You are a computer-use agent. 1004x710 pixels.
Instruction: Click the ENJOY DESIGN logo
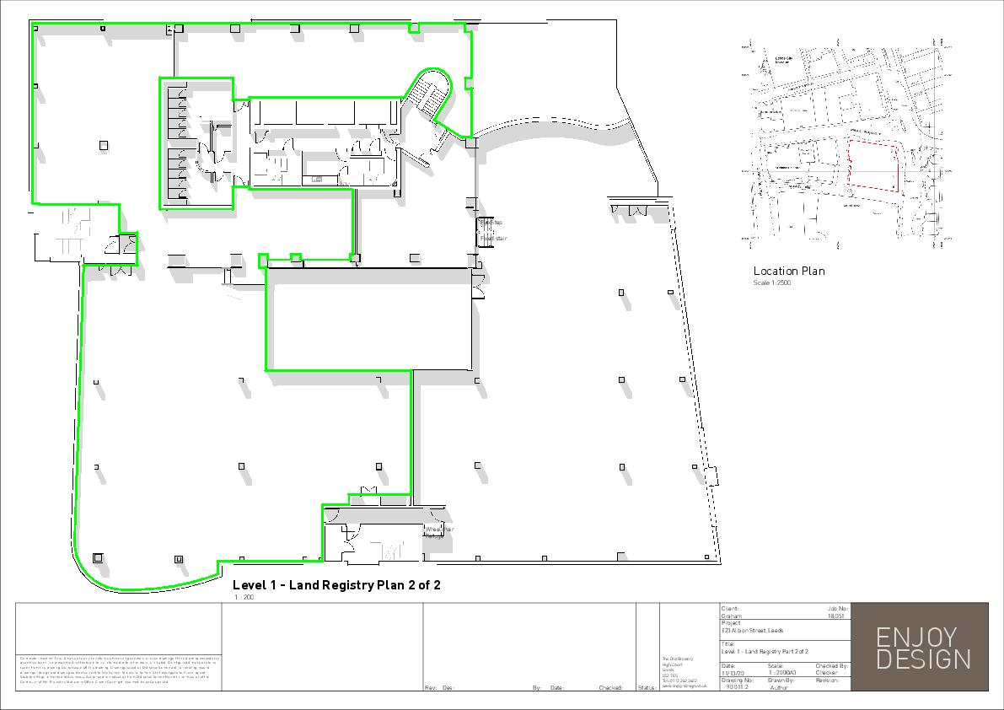[923, 648]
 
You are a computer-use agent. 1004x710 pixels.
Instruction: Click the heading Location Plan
[788, 272]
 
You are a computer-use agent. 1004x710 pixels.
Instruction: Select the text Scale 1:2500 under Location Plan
[771, 283]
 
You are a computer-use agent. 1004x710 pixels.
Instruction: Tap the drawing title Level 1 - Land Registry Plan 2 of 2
[336, 585]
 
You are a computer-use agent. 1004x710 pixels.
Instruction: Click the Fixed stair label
[494, 239]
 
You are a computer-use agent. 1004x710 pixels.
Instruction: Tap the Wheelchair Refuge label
[439, 532]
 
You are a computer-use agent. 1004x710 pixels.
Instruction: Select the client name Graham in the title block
[731, 616]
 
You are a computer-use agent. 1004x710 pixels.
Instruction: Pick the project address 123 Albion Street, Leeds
[752, 631]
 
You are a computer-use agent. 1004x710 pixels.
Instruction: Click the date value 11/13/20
[733, 673]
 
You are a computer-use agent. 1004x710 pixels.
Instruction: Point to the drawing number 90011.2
[737, 687]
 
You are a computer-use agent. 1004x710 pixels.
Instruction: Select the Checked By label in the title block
[831, 666]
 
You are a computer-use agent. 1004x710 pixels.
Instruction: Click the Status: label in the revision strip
[647, 688]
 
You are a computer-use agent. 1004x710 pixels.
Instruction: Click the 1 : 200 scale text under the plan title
[244, 597]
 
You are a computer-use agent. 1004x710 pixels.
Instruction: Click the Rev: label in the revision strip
[430, 688]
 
